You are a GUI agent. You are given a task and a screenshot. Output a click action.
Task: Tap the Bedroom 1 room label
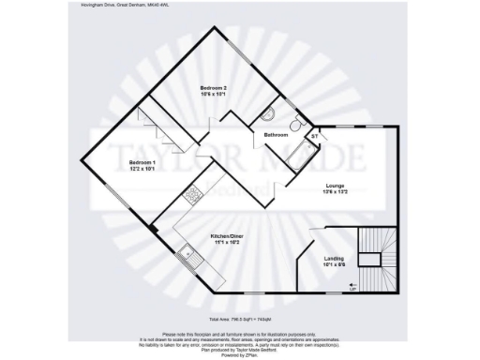click(x=142, y=163)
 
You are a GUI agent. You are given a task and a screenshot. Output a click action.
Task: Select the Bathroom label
click(x=275, y=136)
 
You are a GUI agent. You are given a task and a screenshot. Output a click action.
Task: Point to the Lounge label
click(x=335, y=185)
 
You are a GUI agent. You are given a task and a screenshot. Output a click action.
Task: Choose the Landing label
click(x=334, y=259)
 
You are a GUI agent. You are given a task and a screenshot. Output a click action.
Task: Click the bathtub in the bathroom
click(x=301, y=157)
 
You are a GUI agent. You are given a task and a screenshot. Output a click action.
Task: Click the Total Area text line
click(x=239, y=319)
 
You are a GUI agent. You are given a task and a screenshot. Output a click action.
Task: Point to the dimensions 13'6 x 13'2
click(x=335, y=191)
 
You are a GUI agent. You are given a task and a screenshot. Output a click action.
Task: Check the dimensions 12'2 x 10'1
click(x=142, y=170)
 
